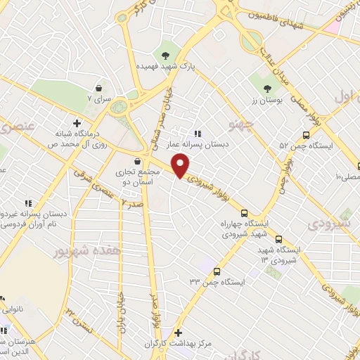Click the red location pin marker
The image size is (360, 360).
click(x=181, y=165)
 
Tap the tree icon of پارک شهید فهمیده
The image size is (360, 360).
click(x=166, y=55)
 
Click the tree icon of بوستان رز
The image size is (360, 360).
click(x=267, y=89)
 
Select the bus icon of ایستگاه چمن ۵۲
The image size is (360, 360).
click(x=305, y=135)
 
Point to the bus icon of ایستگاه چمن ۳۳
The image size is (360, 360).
click(x=216, y=271)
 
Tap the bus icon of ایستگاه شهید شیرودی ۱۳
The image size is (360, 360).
click(x=279, y=239)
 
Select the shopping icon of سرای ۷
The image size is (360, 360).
click(x=98, y=89)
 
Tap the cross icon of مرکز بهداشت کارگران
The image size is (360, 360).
click(x=178, y=333)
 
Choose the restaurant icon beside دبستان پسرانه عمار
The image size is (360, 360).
click(x=198, y=133)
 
